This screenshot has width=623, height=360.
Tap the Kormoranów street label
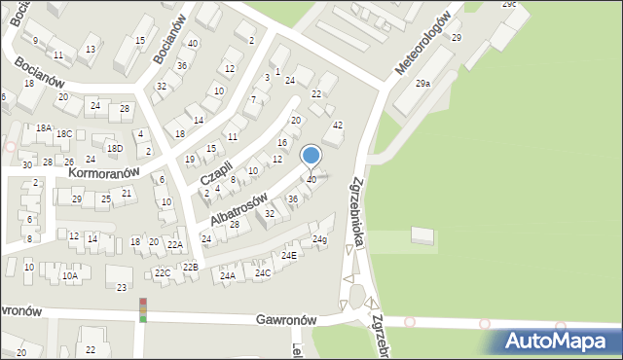pyautogui.click(x=105, y=171)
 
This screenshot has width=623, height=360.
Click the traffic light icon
pyautogui.click(x=143, y=309)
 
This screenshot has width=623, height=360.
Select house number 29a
pyautogui.click(x=422, y=85)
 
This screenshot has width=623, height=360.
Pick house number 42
pyautogui.click(x=338, y=126)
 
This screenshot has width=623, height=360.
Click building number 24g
pyautogui.click(x=319, y=239)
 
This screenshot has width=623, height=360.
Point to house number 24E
pyautogui.click(x=289, y=256)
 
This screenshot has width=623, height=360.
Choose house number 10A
pyautogui.click(x=69, y=275)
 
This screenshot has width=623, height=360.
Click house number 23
pyautogui.click(x=122, y=287)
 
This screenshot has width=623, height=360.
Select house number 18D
pyautogui.click(x=115, y=148)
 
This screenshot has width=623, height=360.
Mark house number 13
pyautogui.click(x=91, y=49)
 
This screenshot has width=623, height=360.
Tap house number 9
pyautogui.click(x=35, y=41)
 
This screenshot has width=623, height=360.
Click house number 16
pyautogui.click(x=282, y=143)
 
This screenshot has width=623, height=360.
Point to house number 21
pyautogui.click(x=128, y=193)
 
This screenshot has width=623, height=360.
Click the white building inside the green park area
pyautogui.click(x=424, y=235)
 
